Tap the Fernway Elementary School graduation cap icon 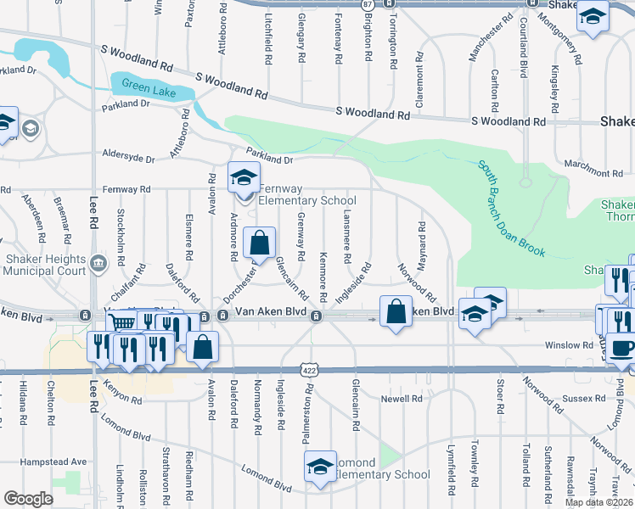(244, 179)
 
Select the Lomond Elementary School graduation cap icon (320, 467)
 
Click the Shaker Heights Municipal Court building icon (98, 261)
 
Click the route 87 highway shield (367, 4)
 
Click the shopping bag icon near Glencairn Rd (259, 243)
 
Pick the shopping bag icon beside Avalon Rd (203, 346)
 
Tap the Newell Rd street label (402, 398)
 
